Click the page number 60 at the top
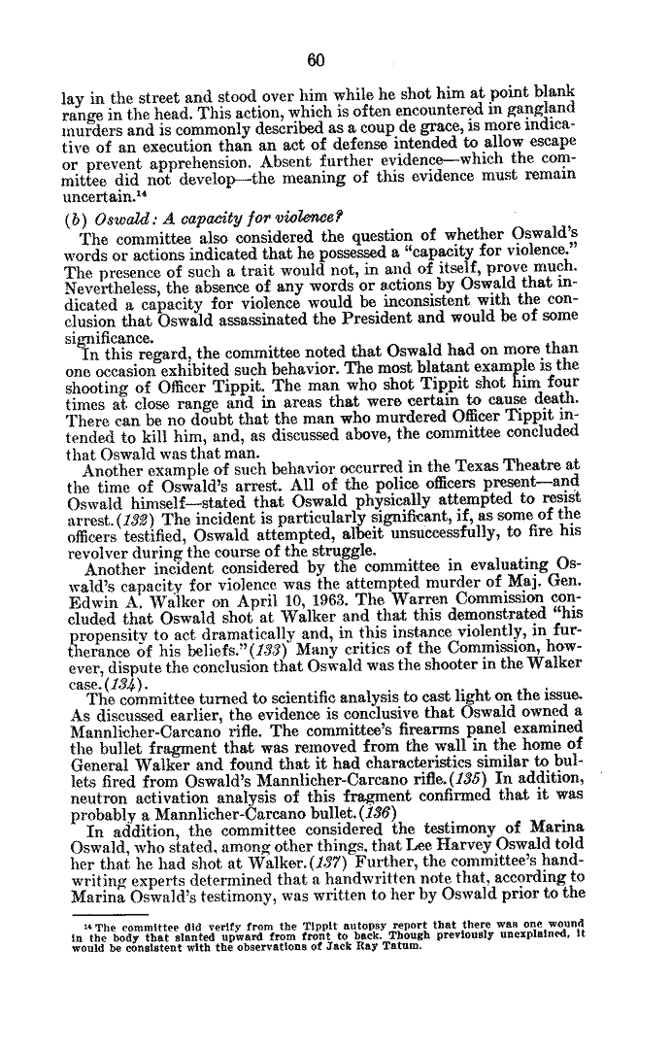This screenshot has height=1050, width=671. pyautogui.click(x=314, y=59)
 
